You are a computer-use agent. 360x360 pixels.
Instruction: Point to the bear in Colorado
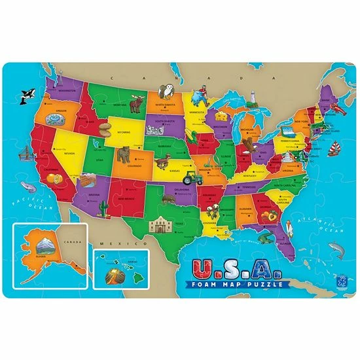click(x=122, y=154)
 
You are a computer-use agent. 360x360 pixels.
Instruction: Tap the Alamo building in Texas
click(x=160, y=225)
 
